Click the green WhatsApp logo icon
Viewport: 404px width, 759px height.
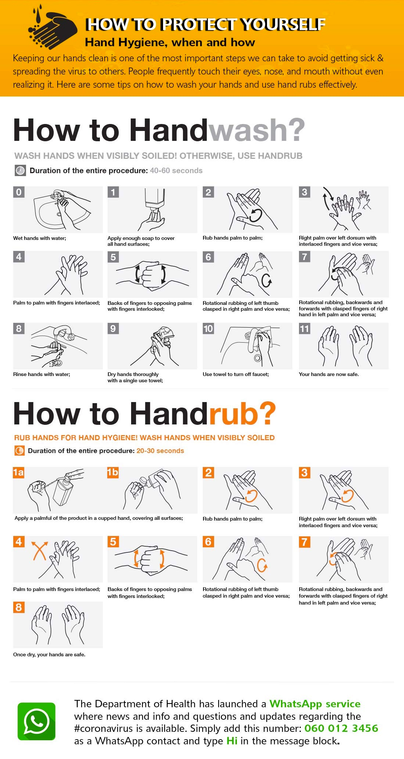36,721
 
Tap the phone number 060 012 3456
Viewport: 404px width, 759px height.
341,728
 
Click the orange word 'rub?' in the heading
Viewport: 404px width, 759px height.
242,414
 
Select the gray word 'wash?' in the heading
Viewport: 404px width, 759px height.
257,130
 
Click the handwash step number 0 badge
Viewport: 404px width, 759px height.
19,192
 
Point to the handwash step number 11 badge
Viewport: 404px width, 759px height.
304,328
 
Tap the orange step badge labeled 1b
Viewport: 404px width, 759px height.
113,472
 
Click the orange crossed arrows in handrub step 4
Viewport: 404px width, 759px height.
39,551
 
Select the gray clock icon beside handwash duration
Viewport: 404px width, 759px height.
20,171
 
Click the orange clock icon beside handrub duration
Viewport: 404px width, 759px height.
19,451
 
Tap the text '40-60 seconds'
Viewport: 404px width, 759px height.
176,171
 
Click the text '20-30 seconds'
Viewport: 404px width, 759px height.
160,451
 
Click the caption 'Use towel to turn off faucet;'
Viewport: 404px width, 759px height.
236,374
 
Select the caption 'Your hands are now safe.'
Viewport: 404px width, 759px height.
329,374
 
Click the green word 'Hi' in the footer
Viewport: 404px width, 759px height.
232,741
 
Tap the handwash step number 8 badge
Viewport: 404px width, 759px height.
19,328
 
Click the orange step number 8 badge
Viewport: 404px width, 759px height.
19,607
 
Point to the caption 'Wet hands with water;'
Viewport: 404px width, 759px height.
40,238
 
